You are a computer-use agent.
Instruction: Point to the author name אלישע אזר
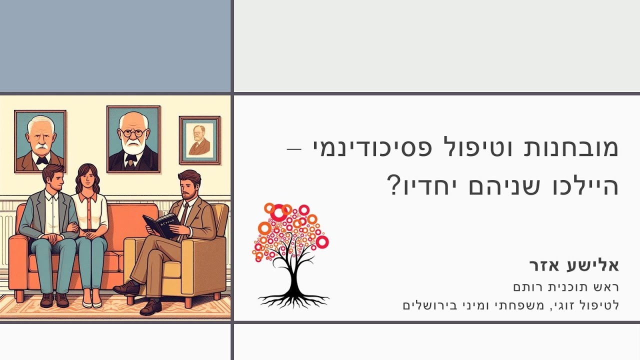573,265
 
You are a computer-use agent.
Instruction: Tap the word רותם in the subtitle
528,287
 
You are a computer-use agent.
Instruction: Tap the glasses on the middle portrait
132,133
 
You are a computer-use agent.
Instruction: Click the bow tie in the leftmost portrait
41,159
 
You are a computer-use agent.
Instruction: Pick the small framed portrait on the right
199,140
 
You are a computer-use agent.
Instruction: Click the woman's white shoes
92,302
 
